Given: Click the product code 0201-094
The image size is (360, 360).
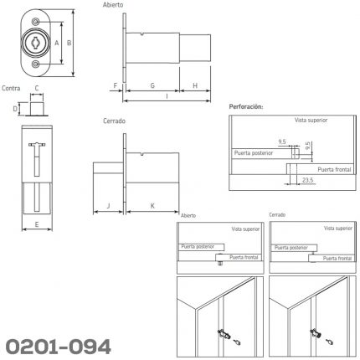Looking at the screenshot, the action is click(x=58, y=347).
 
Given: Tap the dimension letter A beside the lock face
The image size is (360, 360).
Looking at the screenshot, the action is click(x=57, y=43).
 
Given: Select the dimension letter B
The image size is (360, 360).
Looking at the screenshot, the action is click(x=69, y=43).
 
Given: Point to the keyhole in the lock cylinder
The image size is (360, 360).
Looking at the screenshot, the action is click(x=36, y=43).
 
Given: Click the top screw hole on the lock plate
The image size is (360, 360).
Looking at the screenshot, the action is click(x=35, y=22).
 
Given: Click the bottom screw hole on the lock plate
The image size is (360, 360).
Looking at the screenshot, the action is click(x=35, y=64).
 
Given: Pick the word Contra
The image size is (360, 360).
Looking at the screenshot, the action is click(x=11, y=88).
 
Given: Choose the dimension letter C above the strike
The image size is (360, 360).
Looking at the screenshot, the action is click(x=37, y=88).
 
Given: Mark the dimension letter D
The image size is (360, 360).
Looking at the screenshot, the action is click(x=15, y=109).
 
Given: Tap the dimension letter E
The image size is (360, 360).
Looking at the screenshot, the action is click(x=37, y=224).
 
